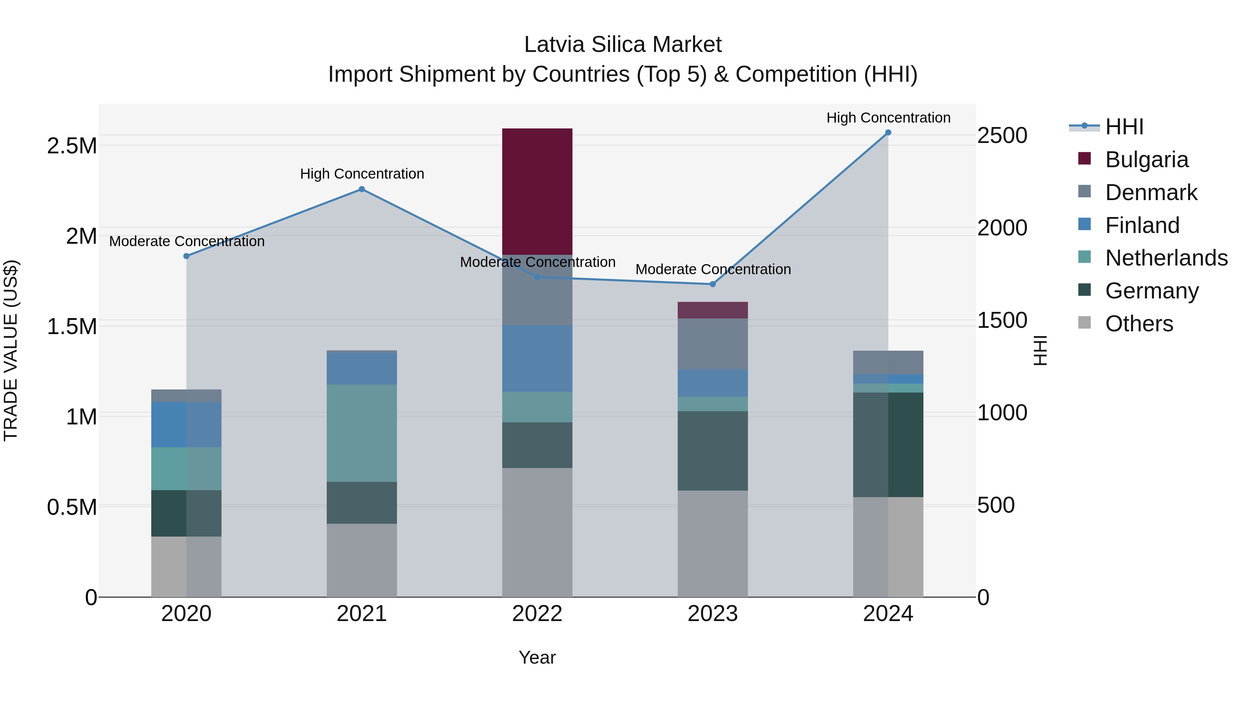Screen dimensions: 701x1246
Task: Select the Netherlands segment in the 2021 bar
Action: click(362, 433)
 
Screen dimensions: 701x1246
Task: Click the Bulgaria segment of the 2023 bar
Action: click(713, 310)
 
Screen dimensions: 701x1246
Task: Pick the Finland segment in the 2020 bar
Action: click(186, 424)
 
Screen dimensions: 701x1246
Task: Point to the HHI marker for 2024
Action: click(888, 133)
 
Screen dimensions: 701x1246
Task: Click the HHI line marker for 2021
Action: click(362, 190)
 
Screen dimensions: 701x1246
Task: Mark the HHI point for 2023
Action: click(713, 284)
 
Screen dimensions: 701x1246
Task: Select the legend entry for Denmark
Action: click(1151, 192)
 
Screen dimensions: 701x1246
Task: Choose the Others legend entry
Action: click(1139, 323)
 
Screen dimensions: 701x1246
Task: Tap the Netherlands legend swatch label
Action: click(1166, 258)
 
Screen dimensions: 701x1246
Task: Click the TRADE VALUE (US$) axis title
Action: click(11, 350)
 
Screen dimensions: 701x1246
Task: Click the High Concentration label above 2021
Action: click(362, 174)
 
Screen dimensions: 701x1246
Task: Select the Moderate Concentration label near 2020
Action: click(187, 241)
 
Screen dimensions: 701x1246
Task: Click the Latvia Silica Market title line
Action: click(623, 45)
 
